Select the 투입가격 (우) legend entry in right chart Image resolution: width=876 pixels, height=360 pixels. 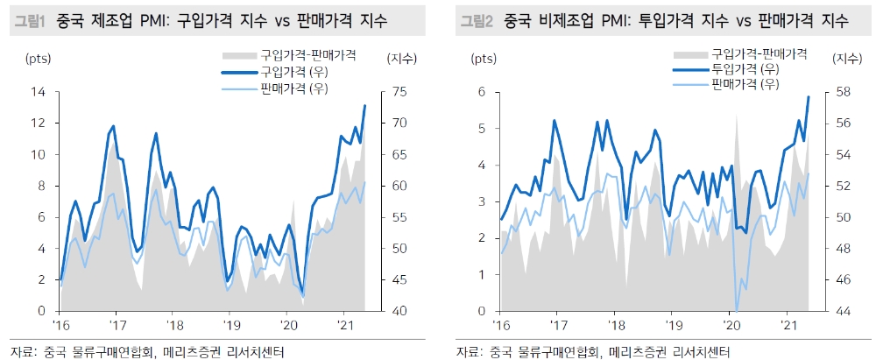coord(745,69)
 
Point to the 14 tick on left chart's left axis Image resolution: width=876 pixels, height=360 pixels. coord(39,91)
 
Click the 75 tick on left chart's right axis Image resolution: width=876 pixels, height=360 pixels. coord(393,91)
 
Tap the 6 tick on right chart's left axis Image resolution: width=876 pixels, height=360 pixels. coord(483,91)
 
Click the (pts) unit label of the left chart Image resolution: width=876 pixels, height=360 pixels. coord(39,60)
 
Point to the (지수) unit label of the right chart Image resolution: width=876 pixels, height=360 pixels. coord(846,59)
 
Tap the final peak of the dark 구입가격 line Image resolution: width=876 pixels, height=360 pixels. coord(364,106)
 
